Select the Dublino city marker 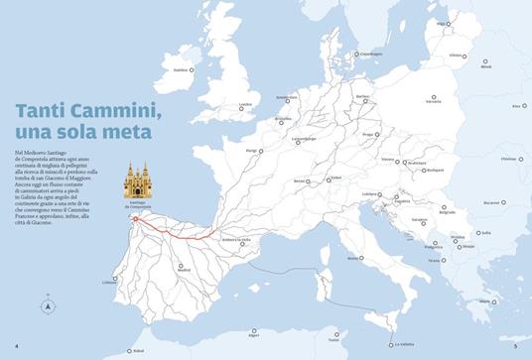pyautogui.click(x=194, y=70)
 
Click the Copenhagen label pyautogui.click(x=371, y=54)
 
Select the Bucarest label pyautogui.click(x=490, y=203)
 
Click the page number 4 pyautogui.click(x=17, y=346)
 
